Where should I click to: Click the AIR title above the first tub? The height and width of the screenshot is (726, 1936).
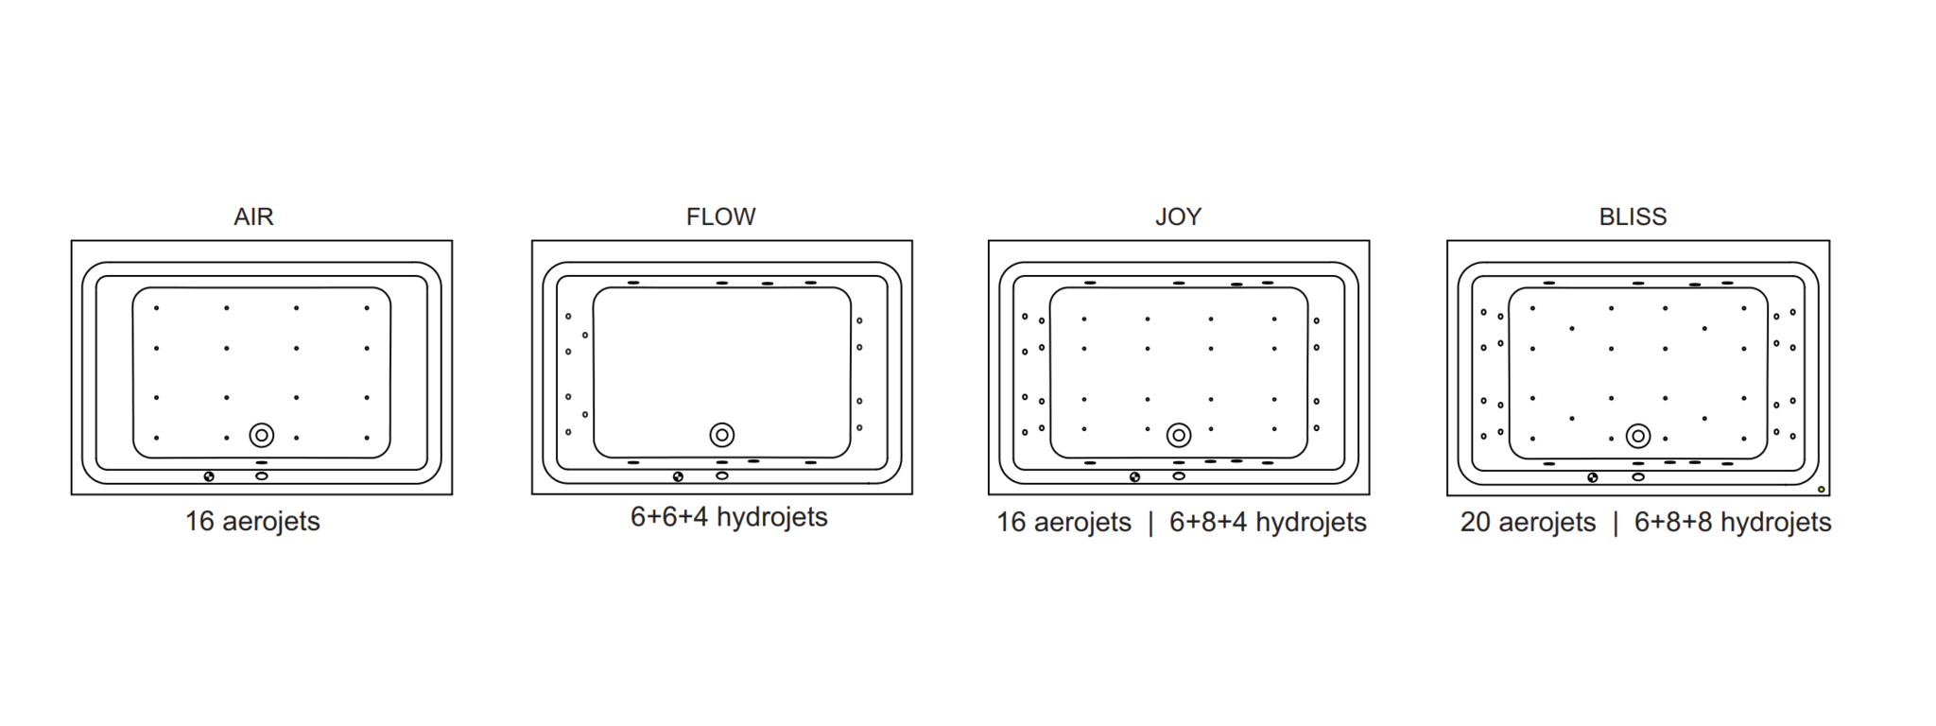click(x=253, y=216)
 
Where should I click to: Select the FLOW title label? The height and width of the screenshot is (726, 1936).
click(x=720, y=216)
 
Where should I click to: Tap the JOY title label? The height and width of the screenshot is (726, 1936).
click(x=1178, y=216)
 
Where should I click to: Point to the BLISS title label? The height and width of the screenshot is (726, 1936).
click(x=1633, y=216)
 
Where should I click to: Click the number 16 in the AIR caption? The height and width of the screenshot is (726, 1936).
click(x=199, y=521)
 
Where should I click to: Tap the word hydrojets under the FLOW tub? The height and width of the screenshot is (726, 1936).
click(x=772, y=517)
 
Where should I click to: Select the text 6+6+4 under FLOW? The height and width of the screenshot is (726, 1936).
click(x=669, y=517)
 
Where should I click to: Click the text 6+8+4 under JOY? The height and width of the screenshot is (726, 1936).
click(x=1208, y=522)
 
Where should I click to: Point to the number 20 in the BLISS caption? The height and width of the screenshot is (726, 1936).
click(x=1475, y=522)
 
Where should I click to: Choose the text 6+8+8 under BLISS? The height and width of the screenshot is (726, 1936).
click(x=1673, y=522)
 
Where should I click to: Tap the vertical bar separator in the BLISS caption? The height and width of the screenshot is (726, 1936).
click(x=1616, y=523)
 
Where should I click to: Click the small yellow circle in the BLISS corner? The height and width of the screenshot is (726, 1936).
click(x=1822, y=489)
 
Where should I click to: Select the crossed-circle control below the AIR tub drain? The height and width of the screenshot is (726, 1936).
click(x=209, y=476)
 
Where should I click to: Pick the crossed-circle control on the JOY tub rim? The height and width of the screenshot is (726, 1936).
click(x=1134, y=477)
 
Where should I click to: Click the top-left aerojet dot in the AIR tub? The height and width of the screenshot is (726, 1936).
click(x=157, y=308)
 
